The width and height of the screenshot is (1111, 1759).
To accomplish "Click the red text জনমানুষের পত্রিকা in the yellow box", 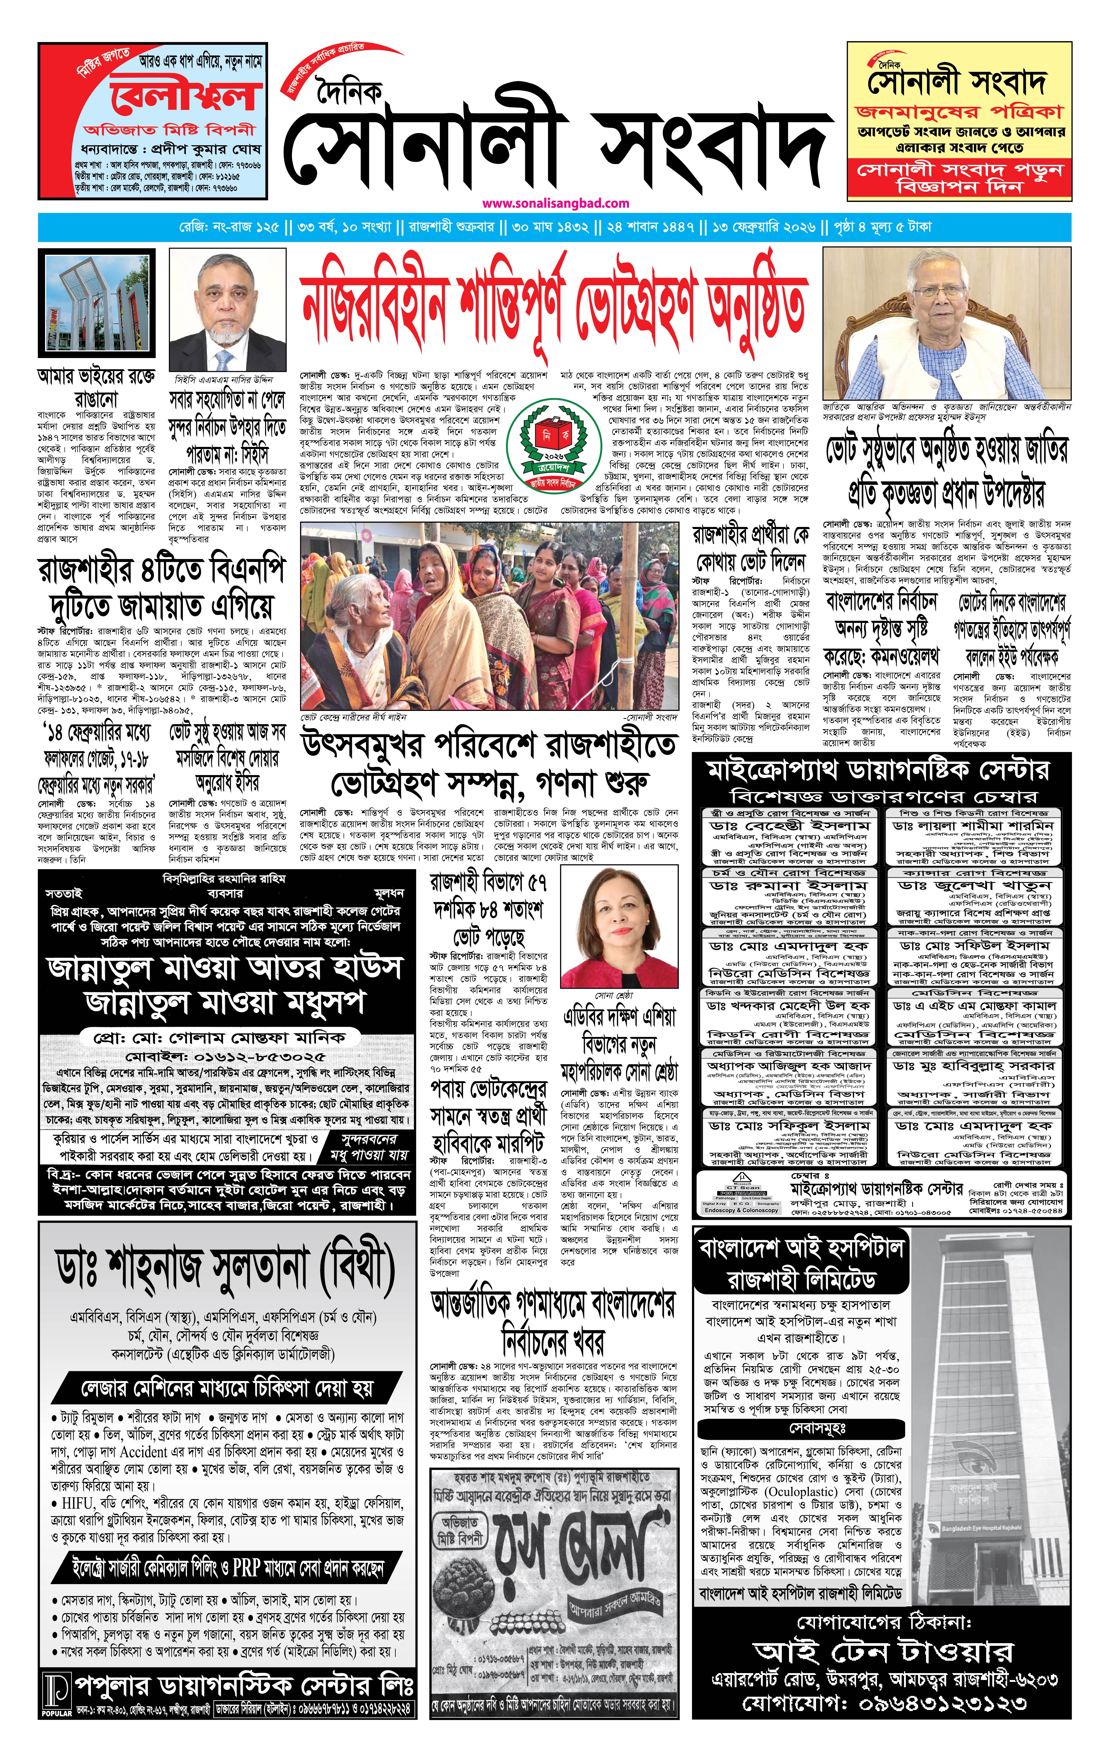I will [959, 112].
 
